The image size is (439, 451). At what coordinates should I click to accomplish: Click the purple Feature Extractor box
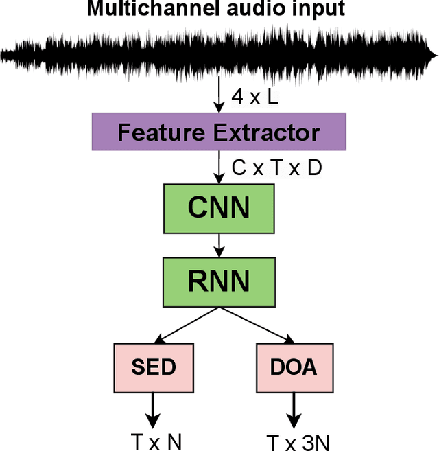point(219,132)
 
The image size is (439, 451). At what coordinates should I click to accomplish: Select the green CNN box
point(219,207)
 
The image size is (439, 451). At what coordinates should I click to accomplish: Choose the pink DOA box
point(294,367)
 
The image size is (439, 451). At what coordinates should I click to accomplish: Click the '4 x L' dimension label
point(254,97)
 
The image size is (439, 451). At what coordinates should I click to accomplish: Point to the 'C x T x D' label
point(276,168)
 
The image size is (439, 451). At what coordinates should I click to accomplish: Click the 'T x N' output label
point(156,441)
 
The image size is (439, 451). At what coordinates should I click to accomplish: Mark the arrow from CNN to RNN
point(219,243)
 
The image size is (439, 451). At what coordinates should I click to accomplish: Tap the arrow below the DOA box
point(294,409)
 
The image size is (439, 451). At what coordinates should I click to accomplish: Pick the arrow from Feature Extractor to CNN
point(219,167)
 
